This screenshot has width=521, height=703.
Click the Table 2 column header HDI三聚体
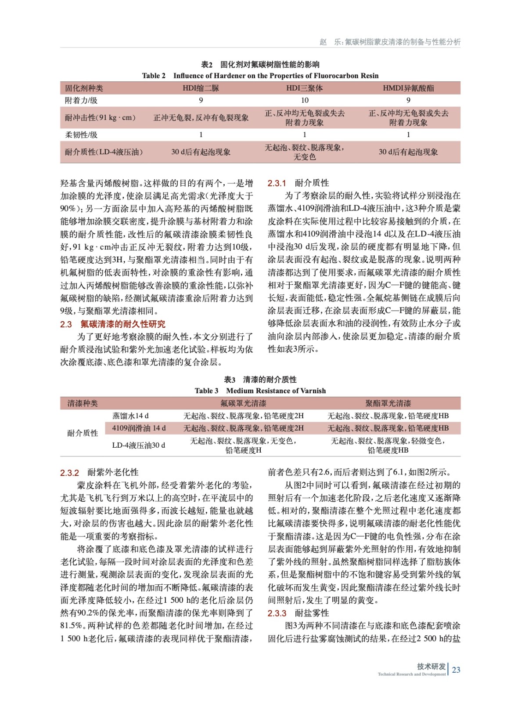304,88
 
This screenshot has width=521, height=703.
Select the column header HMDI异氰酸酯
408,88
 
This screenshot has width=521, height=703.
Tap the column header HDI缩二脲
201,88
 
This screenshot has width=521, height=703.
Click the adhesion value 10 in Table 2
304,100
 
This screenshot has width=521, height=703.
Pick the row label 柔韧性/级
81,135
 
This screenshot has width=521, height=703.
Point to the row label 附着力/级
81,100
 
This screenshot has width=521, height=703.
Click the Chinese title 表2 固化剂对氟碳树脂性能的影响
260,65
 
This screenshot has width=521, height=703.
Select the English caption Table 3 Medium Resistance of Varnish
260,391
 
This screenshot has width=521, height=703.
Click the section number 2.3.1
277,183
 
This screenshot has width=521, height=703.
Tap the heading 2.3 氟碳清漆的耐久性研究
113,324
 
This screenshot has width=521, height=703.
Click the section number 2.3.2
69,473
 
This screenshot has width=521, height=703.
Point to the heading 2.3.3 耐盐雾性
298,613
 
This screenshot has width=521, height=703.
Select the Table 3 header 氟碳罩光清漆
243,403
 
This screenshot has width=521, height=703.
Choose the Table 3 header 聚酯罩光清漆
388,403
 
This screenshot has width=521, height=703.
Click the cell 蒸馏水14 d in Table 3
130,416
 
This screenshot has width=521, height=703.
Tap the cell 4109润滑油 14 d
139,428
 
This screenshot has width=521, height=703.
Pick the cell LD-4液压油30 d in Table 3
139,445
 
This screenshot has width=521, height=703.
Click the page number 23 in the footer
456,670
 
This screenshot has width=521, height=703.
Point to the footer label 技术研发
431,667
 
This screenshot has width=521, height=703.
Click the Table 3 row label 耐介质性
83,433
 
